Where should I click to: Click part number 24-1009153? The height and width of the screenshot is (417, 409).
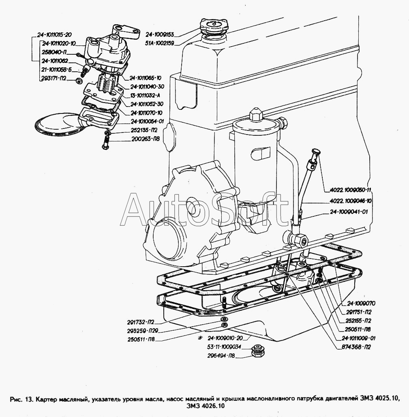click(x=160, y=34)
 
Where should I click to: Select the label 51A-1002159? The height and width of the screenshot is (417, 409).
click(x=160, y=43)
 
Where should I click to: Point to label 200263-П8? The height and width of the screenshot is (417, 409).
click(x=146, y=139)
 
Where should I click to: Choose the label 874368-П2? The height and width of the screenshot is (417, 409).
click(x=356, y=347)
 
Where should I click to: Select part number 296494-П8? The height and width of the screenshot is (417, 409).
click(x=221, y=355)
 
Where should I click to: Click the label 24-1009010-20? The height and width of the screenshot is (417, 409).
click(x=225, y=338)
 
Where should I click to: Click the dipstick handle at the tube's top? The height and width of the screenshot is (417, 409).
click(x=315, y=153)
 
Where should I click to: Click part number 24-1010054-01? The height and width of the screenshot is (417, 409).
click(x=147, y=121)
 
